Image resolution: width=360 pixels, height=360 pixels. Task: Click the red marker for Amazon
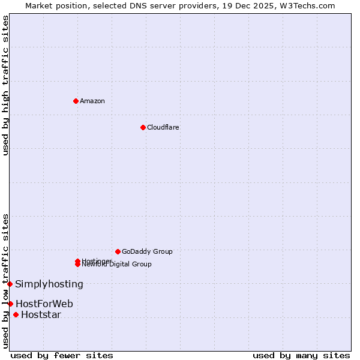pyautogui.click(x=76, y=101)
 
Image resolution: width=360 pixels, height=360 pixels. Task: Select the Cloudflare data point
pyautogui.click(x=143, y=127)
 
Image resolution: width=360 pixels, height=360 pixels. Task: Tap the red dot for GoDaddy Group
pyautogui.click(x=118, y=251)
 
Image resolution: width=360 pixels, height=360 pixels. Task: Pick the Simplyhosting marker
pyautogui.click(x=10, y=284)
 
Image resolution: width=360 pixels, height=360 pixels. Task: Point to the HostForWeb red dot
pyautogui.click(x=10, y=304)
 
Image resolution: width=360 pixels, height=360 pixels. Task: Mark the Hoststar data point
pyautogui.click(x=16, y=315)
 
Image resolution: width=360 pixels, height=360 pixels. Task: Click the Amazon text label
pyautogui.click(x=92, y=101)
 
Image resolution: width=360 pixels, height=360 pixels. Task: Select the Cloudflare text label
pyautogui.click(x=163, y=127)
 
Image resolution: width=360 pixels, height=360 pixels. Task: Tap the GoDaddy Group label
pyautogui.click(x=147, y=251)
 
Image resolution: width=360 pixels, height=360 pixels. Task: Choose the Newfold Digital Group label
pyautogui.click(x=117, y=265)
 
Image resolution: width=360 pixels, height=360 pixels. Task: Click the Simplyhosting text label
pyautogui.click(x=49, y=284)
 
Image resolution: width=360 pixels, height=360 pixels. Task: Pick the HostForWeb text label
pyautogui.click(x=44, y=304)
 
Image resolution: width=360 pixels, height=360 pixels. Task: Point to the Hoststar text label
pyautogui.click(x=41, y=315)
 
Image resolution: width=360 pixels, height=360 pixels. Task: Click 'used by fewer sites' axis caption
pyautogui.click(x=62, y=355)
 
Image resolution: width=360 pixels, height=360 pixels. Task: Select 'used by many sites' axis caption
pyautogui.click(x=301, y=355)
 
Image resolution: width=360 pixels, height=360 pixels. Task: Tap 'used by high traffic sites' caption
pyautogui.click(x=6, y=85)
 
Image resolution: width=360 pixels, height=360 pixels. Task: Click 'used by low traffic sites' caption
pyautogui.click(x=6, y=280)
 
